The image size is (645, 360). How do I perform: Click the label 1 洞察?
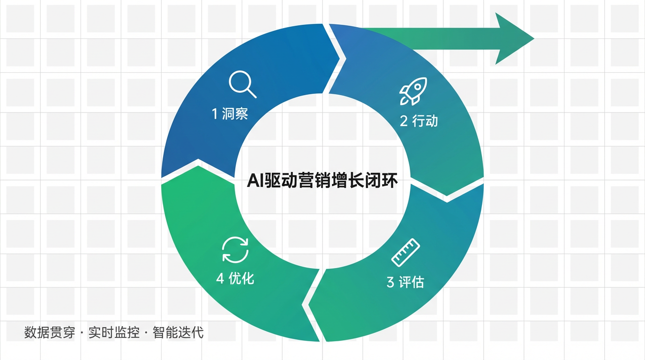pos(230,113)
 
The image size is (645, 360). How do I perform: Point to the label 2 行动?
pos(419,121)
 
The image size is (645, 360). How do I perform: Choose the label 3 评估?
pos(405,282)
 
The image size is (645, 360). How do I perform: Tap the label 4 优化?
pos(235,278)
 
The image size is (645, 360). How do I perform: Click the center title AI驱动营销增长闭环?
pos(322,180)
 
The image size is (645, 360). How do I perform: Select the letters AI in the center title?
pos(255,181)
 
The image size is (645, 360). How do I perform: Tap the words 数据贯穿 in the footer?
pos(50,333)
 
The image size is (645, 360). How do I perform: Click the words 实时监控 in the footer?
pos(114,333)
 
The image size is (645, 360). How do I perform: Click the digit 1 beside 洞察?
pos(215,114)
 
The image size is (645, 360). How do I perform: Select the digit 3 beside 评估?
pos(390,283)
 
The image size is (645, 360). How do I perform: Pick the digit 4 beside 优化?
pos(220,279)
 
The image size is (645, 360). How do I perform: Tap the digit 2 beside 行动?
pos(404,121)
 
